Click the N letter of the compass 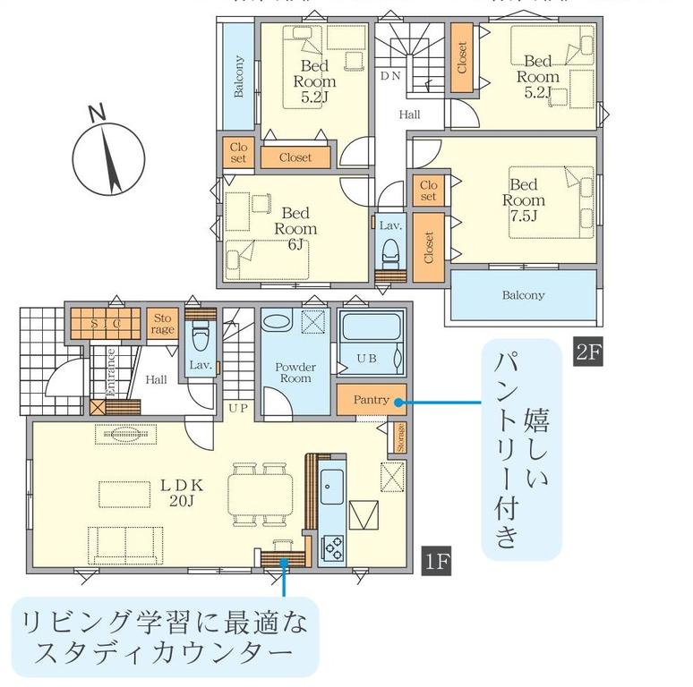(x=97, y=113)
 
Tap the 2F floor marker (x=588, y=352)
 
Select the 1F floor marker (x=437, y=561)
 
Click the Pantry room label (x=371, y=400)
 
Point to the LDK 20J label (x=182, y=493)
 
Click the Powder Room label (x=295, y=373)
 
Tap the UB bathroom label (x=367, y=359)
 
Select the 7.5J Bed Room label (x=523, y=200)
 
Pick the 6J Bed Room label (x=295, y=229)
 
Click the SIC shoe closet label (x=105, y=324)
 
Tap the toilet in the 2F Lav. (x=389, y=254)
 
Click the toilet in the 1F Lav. (x=201, y=336)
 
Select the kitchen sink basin (x=331, y=487)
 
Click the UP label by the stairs (x=238, y=409)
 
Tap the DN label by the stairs (x=390, y=76)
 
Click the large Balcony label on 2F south (x=523, y=295)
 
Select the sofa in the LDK (x=125, y=546)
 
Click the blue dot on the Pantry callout (x=398, y=403)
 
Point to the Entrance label (x=110, y=372)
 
